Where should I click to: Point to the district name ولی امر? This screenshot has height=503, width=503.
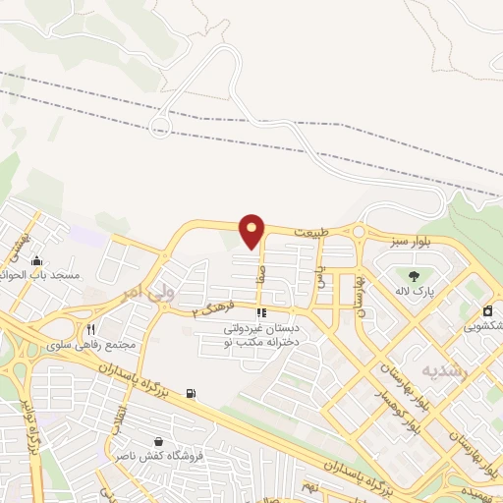tap(154, 292)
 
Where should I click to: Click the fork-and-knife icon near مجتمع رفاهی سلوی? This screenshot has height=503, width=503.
tap(90, 330)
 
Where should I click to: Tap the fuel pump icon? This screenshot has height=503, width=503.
tap(191, 394)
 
